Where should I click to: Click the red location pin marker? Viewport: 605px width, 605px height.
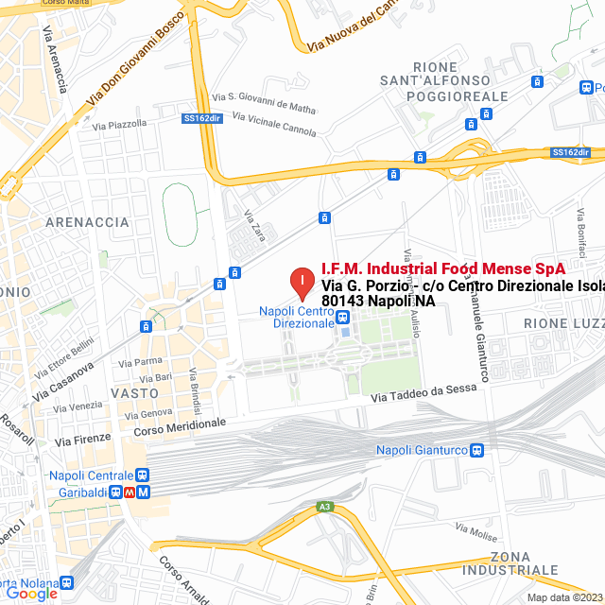[x=302, y=282]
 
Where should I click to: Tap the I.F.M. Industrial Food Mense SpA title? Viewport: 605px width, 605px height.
[x=443, y=268]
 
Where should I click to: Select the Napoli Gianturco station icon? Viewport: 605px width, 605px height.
[x=476, y=450]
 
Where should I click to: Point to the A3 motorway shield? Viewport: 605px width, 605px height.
[x=325, y=508]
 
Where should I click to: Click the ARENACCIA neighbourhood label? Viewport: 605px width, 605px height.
[x=86, y=222]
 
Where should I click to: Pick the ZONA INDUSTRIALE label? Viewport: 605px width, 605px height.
[x=524, y=562]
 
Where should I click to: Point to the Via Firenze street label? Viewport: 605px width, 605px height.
[x=83, y=438]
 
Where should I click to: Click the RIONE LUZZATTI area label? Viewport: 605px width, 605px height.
[x=563, y=323]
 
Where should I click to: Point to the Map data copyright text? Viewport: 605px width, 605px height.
[x=564, y=597]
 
